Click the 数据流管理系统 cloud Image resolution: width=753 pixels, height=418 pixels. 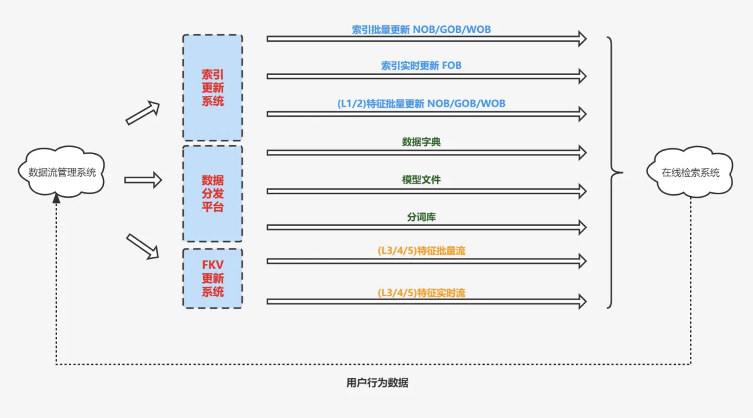click(x=62, y=172)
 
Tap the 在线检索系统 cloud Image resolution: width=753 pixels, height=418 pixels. click(x=690, y=172)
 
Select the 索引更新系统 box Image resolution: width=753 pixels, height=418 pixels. click(x=212, y=88)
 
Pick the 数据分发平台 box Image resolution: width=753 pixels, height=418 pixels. click(x=212, y=193)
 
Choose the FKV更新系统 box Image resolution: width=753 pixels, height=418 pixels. click(x=212, y=278)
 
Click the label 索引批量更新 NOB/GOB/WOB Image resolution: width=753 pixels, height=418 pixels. click(x=421, y=29)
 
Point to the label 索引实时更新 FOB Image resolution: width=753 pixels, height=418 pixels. click(x=421, y=65)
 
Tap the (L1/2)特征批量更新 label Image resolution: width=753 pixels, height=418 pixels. click(x=421, y=104)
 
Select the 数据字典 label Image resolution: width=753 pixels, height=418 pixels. click(x=421, y=142)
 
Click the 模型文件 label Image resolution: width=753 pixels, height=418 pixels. click(x=421, y=180)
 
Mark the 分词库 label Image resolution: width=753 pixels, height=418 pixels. click(x=421, y=217)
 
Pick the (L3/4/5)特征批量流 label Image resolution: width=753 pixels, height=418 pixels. click(x=421, y=251)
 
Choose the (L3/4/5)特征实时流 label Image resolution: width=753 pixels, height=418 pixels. click(x=421, y=293)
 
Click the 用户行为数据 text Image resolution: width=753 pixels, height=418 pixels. click(x=377, y=383)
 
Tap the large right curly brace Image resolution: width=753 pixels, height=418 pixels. click(x=614, y=172)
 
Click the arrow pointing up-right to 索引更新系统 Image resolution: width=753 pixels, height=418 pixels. click(x=143, y=112)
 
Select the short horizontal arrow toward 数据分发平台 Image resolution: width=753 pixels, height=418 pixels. click(x=143, y=180)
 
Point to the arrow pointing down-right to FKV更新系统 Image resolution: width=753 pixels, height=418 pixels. click(x=143, y=246)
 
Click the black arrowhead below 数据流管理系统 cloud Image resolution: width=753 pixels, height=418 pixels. click(x=56, y=199)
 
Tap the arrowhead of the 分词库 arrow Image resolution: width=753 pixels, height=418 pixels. click(x=582, y=227)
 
